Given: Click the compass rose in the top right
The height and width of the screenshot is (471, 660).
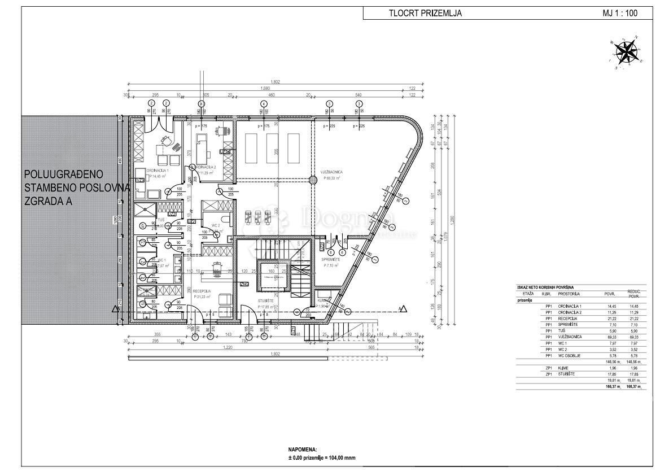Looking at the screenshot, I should pos(625,52).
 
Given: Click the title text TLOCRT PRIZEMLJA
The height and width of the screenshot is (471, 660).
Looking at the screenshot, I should pos(425,14).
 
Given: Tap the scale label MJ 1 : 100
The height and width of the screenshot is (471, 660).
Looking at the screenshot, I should pos(620,14).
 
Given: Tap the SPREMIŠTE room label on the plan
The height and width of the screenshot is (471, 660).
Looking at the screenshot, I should pos(331,259).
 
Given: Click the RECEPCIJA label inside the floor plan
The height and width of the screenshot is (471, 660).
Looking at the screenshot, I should pos(202,290).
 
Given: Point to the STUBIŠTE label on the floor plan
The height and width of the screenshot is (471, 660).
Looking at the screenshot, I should pos(266,301).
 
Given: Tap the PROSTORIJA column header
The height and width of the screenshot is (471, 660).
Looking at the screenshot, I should pos(569,294).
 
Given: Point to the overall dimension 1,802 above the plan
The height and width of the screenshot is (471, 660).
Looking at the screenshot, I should pos(275,82).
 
